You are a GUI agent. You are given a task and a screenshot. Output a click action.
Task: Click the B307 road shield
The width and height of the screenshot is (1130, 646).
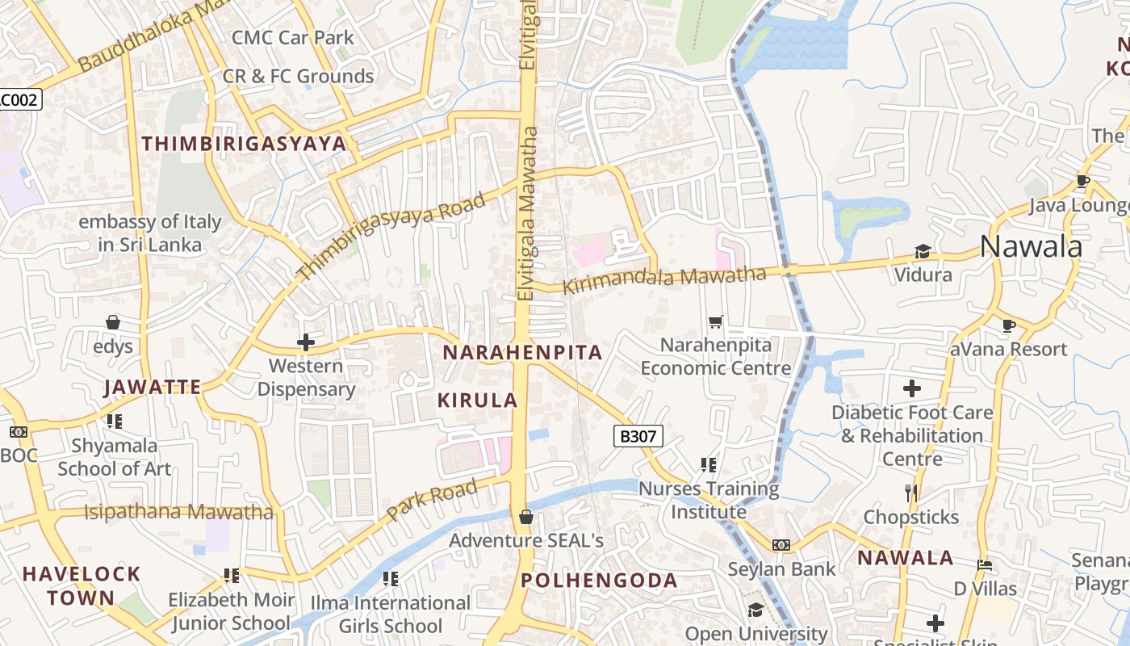tap(638, 437)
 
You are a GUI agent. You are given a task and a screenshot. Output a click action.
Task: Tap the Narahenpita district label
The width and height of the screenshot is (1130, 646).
tap(522, 353)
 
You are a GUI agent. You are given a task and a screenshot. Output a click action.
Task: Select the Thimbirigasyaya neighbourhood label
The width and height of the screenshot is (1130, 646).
tap(244, 145)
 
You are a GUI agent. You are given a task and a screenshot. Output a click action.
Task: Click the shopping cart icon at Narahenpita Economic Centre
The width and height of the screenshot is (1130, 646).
tap(715, 322)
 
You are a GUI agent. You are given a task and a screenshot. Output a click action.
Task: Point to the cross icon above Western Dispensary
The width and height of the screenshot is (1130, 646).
tap(305, 342)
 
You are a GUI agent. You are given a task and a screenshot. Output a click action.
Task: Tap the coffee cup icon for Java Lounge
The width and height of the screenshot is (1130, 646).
tap(1082, 182)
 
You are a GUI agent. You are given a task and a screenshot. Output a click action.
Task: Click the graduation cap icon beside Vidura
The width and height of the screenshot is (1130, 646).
tap(922, 252)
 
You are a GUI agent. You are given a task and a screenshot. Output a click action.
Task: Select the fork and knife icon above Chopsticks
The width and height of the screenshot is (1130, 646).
tap(911, 493)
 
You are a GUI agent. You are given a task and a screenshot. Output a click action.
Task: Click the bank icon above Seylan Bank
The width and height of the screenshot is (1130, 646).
tap(781, 545)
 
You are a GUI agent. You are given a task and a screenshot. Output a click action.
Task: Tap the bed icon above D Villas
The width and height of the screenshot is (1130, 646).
tap(984, 564)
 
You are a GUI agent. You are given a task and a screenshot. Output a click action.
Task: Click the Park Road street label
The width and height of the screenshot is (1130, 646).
tap(432, 500)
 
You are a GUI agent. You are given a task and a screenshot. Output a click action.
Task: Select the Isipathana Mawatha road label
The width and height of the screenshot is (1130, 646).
tap(178, 511)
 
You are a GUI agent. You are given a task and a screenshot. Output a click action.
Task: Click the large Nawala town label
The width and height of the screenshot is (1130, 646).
tap(1031, 246)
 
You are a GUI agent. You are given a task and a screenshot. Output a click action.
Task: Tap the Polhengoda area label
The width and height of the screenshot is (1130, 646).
tap(599, 581)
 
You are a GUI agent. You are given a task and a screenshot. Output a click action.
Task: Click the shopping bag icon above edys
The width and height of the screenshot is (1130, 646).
tap(113, 322)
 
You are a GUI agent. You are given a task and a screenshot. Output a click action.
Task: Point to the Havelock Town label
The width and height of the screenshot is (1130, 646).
tap(81, 586)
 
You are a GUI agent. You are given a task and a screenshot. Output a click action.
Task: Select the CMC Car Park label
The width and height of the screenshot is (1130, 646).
tap(292, 37)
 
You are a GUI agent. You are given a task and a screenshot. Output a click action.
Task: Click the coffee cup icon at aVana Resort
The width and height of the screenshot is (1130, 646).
tap(1008, 325)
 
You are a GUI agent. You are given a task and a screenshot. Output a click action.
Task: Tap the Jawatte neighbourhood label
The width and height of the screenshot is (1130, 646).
tap(153, 388)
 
